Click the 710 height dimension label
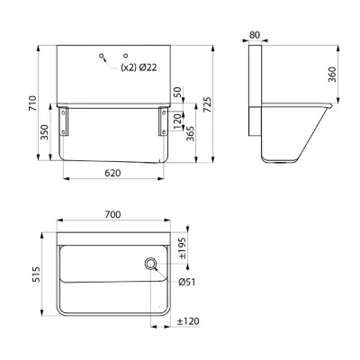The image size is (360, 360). [32, 103]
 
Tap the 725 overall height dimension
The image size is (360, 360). [208, 104]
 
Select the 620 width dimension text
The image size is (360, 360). [112, 173]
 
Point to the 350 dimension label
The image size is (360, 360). [44, 132]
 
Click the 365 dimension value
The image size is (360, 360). [190, 133]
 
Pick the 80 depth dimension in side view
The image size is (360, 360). [255, 35]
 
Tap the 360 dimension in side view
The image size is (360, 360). [332, 75]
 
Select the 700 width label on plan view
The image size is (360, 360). [112, 214]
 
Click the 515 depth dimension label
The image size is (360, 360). [36, 274]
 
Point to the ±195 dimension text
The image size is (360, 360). [183, 248]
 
